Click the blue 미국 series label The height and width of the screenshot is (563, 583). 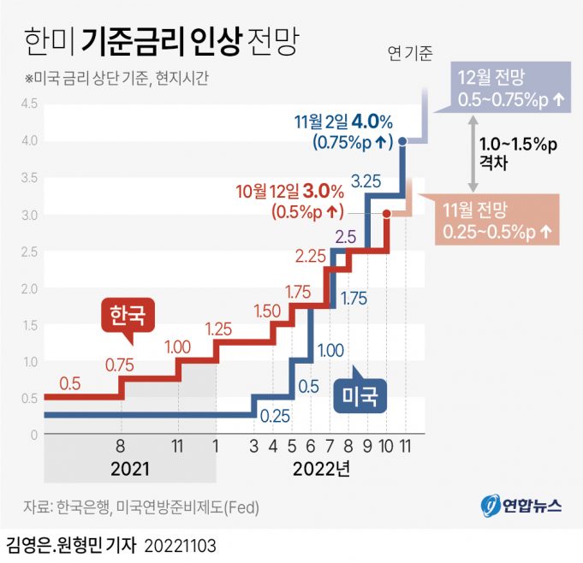pyautogui.click(x=360, y=396)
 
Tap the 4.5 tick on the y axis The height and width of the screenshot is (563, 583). pyautogui.click(x=29, y=104)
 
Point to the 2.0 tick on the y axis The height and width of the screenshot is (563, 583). pyautogui.click(x=29, y=288)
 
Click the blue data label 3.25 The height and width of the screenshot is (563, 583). pyautogui.click(x=366, y=181)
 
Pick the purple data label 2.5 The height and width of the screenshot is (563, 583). pyautogui.click(x=345, y=236)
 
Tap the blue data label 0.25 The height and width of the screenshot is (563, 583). pyautogui.click(x=275, y=417)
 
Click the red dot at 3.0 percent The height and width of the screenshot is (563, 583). pyautogui.click(x=387, y=214)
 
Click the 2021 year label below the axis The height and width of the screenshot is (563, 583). pyautogui.click(x=130, y=469)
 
